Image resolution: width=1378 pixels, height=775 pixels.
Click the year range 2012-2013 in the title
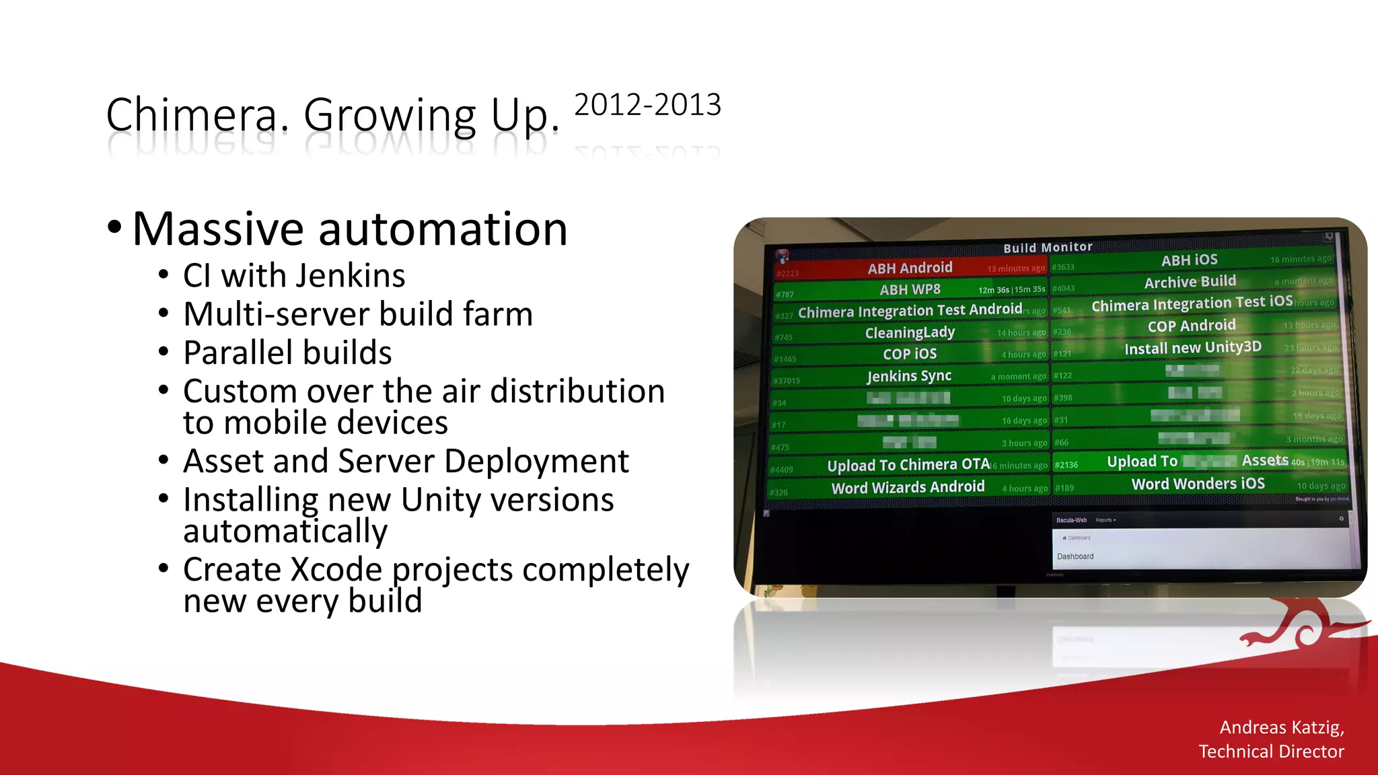[x=647, y=105]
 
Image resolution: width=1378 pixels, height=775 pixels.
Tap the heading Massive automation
[x=350, y=229]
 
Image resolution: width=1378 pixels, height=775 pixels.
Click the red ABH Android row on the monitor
[x=910, y=268]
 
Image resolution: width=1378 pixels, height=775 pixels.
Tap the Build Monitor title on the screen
[x=1048, y=248]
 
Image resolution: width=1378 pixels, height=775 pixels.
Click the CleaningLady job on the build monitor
[x=910, y=332]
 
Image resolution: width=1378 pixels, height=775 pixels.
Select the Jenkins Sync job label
[x=909, y=376]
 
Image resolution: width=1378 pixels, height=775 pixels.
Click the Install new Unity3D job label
[x=1192, y=348]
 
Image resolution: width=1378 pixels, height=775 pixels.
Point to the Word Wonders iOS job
[x=1198, y=484]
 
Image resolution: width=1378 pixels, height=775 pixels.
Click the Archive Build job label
[x=1190, y=282]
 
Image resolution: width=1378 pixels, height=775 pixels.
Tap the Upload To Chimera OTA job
[x=908, y=465]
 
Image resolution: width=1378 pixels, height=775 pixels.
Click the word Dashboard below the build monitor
[x=1075, y=556]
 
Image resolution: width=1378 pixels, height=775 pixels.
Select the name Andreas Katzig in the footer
[x=1281, y=727]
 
